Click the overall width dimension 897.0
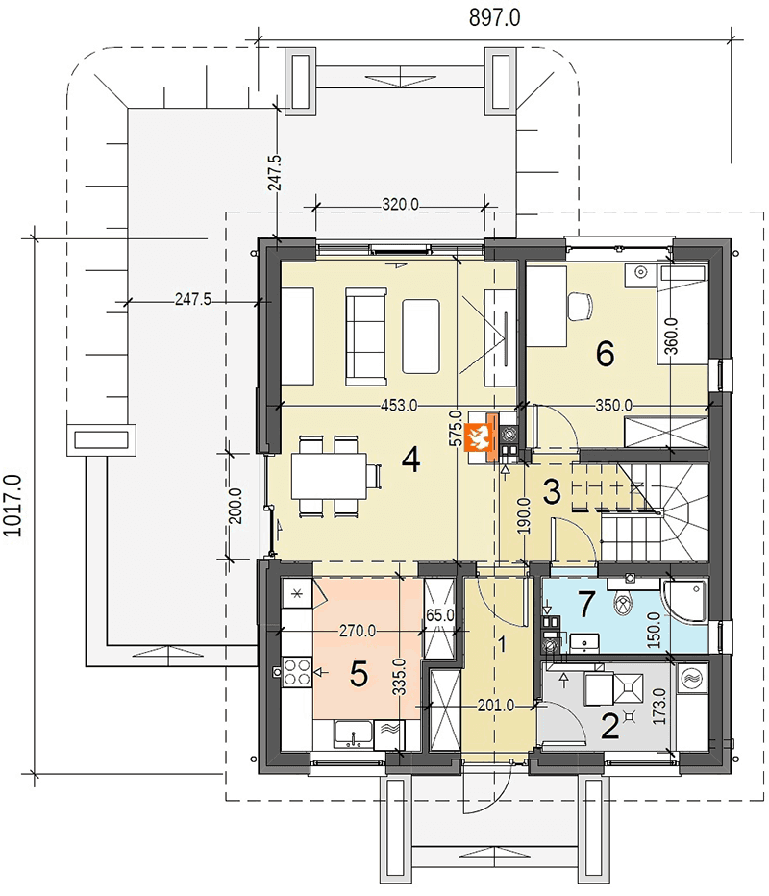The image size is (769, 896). point(494,18)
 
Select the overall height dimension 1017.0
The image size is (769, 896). point(12,505)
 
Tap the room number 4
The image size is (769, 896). point(411,460)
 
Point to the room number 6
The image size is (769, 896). point(605,354)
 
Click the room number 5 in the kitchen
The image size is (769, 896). point(359,674)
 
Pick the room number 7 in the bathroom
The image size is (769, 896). point(586,605)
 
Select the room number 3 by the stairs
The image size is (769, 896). point(552,492)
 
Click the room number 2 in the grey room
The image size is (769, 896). point(609,728)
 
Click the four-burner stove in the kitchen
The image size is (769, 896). point(297,672)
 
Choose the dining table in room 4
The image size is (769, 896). point(329,476)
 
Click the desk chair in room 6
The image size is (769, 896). point(581,306)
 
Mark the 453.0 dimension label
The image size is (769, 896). point(399,406)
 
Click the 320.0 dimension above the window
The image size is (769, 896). point(400,204)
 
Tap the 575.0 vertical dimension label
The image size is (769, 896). point(456,429)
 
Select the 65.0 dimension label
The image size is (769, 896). point(440,616)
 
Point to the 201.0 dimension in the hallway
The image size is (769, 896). point(495,706)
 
